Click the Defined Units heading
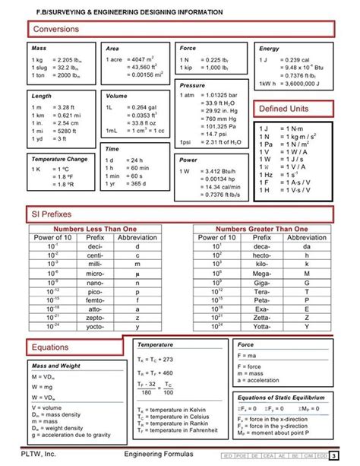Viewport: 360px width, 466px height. (286, 109)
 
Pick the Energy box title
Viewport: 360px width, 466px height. (270, 48)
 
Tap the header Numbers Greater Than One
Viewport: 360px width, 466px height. (262, 228)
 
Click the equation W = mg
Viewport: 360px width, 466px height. (42, 386)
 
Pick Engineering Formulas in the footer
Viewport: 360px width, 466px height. (163, 454)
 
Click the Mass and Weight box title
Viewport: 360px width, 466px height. (56, 366)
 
